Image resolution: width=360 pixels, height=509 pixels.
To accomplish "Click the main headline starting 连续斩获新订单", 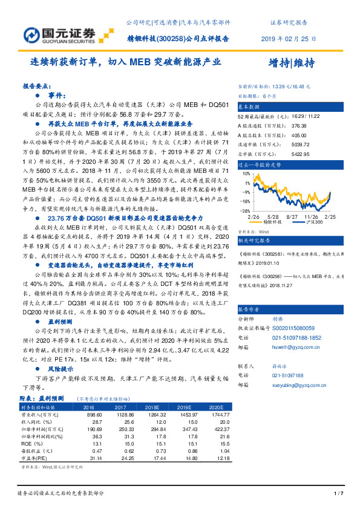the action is point(126,62).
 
